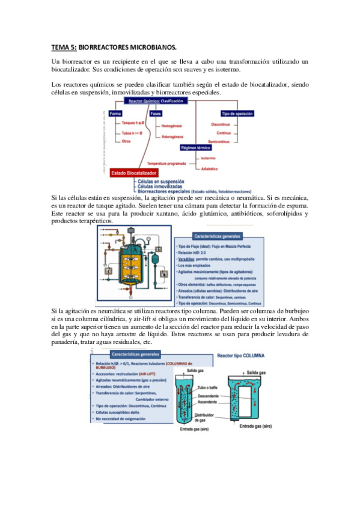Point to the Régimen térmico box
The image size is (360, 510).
tap(197, 147)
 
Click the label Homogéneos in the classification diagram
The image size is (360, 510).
tap(172, 126)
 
